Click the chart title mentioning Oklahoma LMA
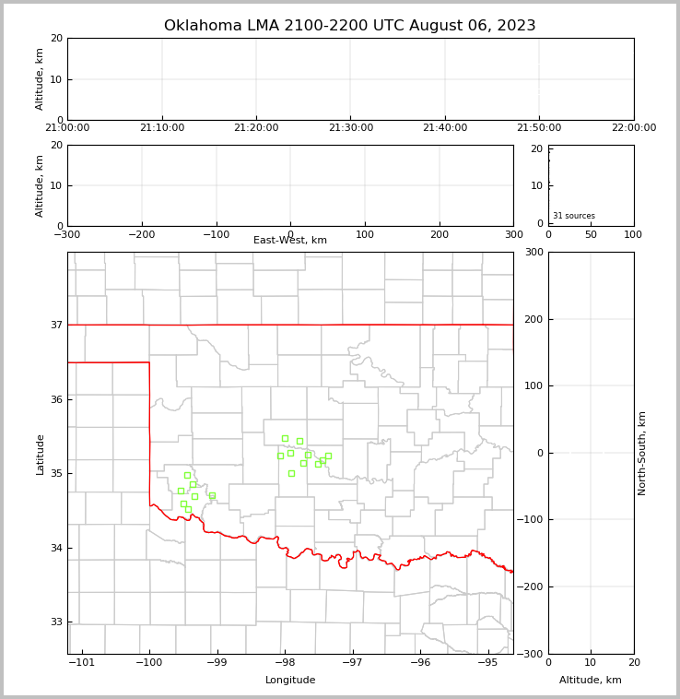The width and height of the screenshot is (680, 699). pyautogui.click(x=349, y=26)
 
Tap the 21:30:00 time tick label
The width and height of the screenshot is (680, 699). pyautogui.click(x=350, y=128)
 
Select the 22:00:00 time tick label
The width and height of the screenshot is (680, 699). pyautogui.click(x=634, y=128)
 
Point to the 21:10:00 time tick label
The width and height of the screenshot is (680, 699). pyautogui.click(x=162, y=128)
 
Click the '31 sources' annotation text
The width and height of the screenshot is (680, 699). pyautogui.click(x=574, y=216)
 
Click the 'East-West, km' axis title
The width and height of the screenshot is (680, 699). pyautogui.click(x=290, y=241)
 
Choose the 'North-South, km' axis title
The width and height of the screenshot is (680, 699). pyautogui.click(x=642, y=453)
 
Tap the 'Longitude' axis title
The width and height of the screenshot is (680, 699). pyautogui.click(x=290, y=681)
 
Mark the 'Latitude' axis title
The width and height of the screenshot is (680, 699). pyautogui.click(x=40, y=454)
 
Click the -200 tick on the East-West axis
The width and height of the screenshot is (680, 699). pyautogui.click(x=141, y=235)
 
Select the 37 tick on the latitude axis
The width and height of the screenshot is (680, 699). pyautogui.click(x=56, y=325)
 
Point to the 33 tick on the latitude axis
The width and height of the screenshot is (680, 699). pyautogui.click(x=56, y=622)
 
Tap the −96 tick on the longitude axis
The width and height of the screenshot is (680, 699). pyautogui.click(x=419, y=663)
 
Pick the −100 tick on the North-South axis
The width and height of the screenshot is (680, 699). pyautogui.click(x=531, y=520)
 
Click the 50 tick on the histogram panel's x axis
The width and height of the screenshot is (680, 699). pyautogui.click(x=591, y=235)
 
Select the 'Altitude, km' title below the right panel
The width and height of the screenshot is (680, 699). pyautogui.click(x=591, y=681)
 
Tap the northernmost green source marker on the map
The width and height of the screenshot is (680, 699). pyautogui.click(x=285, y=438)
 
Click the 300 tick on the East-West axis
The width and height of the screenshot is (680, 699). pyautogui.click(x=513, y=235)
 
